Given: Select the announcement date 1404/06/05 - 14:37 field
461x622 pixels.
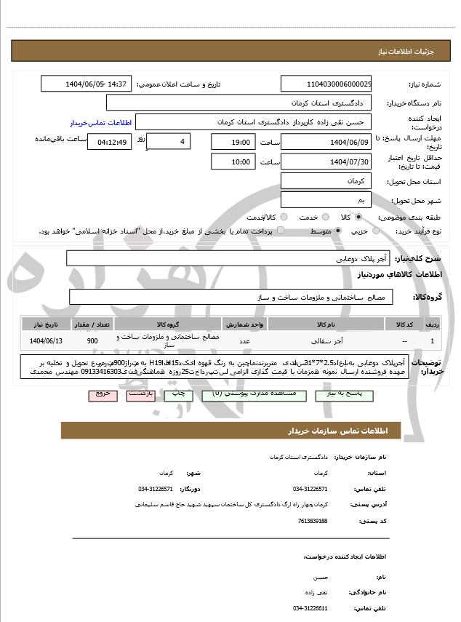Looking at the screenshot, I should (87, 84).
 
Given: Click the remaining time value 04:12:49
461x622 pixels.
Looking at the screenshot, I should (109, 142).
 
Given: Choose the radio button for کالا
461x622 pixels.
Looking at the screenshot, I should (358, 217).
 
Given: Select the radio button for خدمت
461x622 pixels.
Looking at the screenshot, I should (325, 217).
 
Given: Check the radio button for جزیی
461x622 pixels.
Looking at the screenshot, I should (375, 231).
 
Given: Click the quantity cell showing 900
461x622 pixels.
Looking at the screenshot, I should (92, 340).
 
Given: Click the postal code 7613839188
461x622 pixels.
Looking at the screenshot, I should (312, 520).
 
